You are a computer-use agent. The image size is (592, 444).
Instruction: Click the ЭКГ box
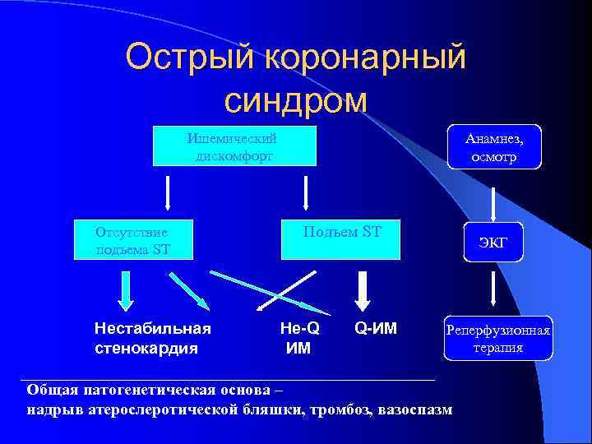[x=493, y=243]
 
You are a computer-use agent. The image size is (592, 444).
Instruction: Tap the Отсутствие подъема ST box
[x=133, y=238]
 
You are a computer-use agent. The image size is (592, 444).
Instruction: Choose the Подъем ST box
[x=341, y=238]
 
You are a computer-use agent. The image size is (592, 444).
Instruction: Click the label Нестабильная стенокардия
[x=153, y=337]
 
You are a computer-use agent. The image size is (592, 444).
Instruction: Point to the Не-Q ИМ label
[x=299, y=337]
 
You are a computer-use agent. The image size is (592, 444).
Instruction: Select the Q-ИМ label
[x=375, y=329]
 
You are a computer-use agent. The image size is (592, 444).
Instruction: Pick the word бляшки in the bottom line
[x=275, y=409]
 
